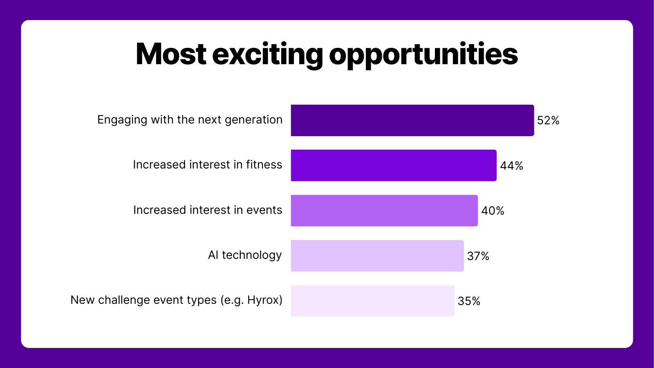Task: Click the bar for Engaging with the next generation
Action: (412, 120)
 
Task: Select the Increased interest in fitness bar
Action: (394, 165)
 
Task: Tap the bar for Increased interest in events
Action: (384, 211)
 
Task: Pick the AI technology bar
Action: (377, 256)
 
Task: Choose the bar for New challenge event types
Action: (372, 301)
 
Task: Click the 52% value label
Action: (548, 121)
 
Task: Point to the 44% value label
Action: (511, 166)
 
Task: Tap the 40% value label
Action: (493, 211)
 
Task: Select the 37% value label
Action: (478, 256)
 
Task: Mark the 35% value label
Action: (469, 301)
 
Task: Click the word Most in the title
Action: (171, 54)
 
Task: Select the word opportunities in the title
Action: (423, 55)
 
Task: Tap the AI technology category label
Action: (245, 255)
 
